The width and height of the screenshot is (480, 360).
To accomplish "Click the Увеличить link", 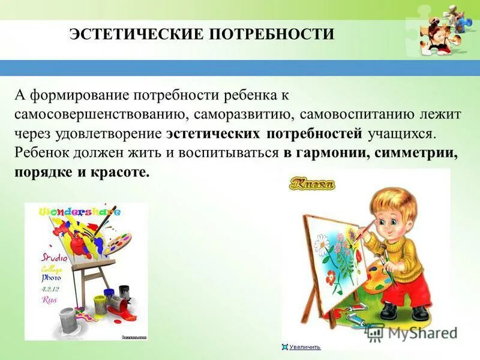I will pos(304,347).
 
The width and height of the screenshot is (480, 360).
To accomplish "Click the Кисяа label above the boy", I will pos(311,184).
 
